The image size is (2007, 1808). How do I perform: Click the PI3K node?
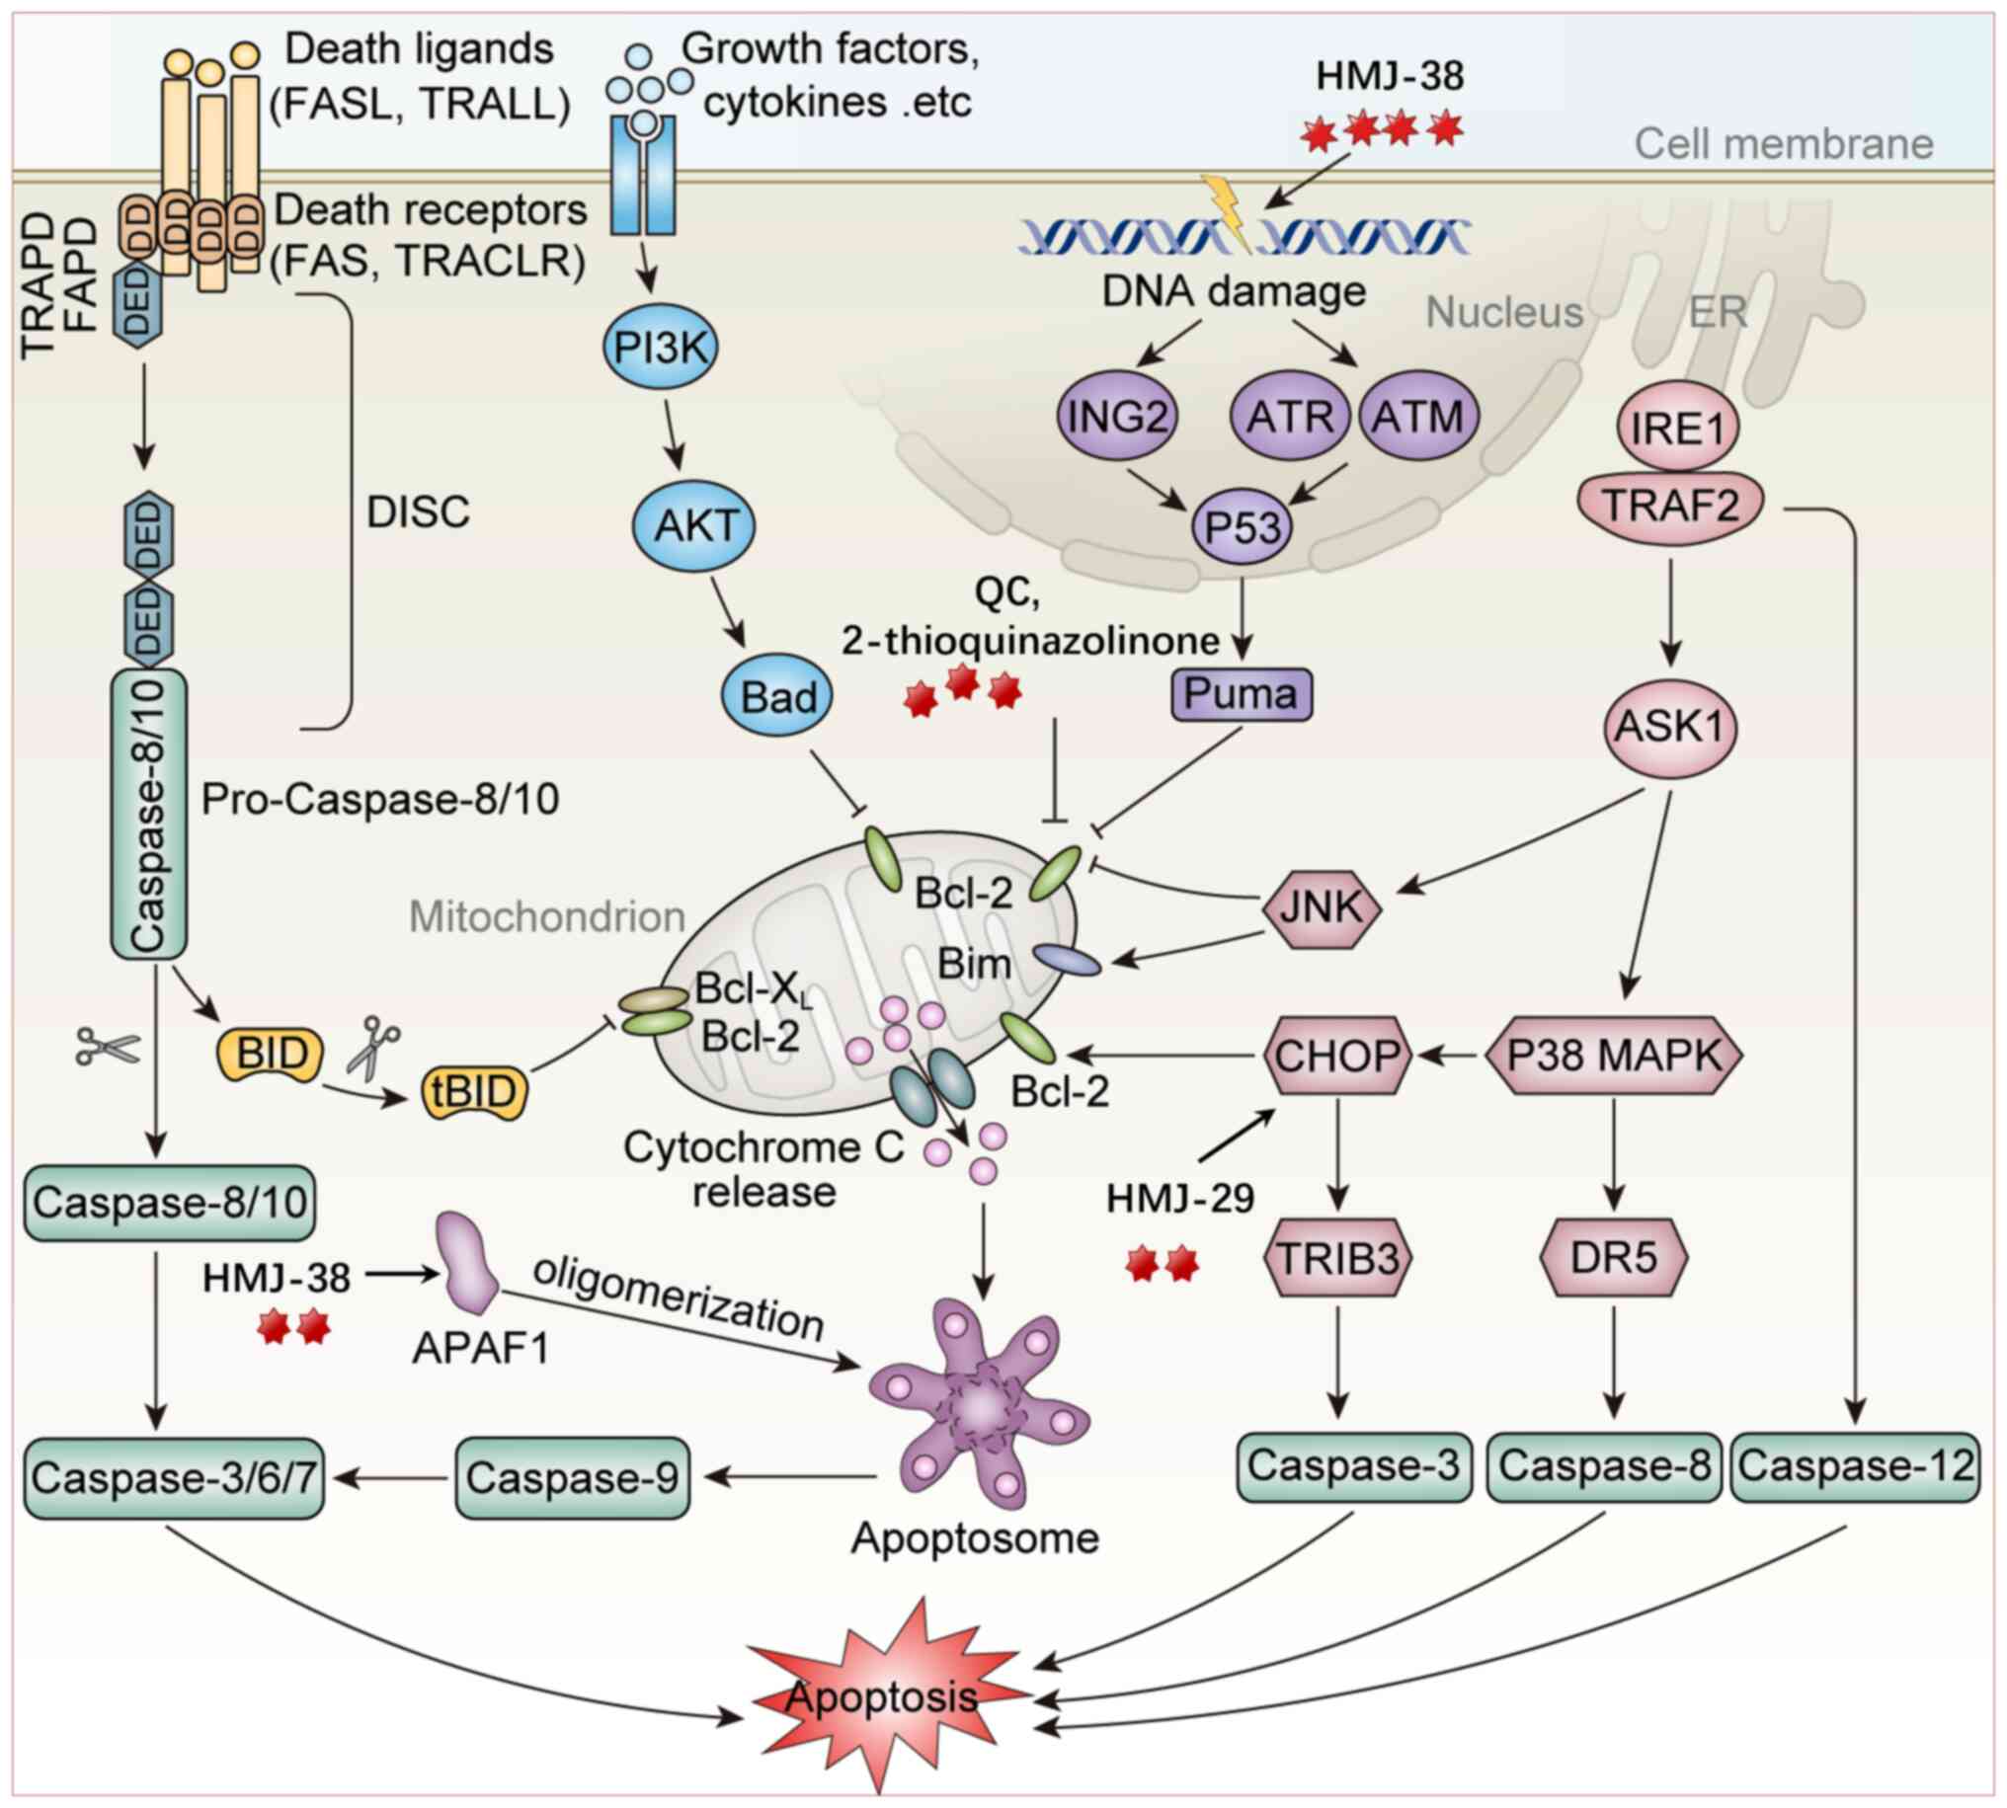click(661, 348)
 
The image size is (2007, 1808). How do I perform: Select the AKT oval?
click(694, 525)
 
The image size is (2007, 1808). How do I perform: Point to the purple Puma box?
click(1241, 693)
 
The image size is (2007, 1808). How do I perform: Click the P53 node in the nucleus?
click(1242, 526)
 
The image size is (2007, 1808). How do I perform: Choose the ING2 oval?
click(1117, 417)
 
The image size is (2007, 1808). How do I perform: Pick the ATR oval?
click(1290, 417)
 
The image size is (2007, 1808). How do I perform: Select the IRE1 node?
click(1677, 429)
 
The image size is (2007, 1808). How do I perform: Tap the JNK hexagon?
click(1322, 906)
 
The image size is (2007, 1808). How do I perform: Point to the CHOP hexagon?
click(1337, 1055)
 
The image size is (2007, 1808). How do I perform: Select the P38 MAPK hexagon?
click(1615, 1055)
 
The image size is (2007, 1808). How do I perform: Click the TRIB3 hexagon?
click(1337, 1258)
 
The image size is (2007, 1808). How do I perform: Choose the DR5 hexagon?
click(1614, 1258)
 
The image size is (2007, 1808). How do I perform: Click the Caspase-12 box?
click(1855, 1466)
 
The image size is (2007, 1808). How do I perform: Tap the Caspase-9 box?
click(572, 1477)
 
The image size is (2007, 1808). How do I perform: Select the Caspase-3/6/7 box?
click(174, 1477)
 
